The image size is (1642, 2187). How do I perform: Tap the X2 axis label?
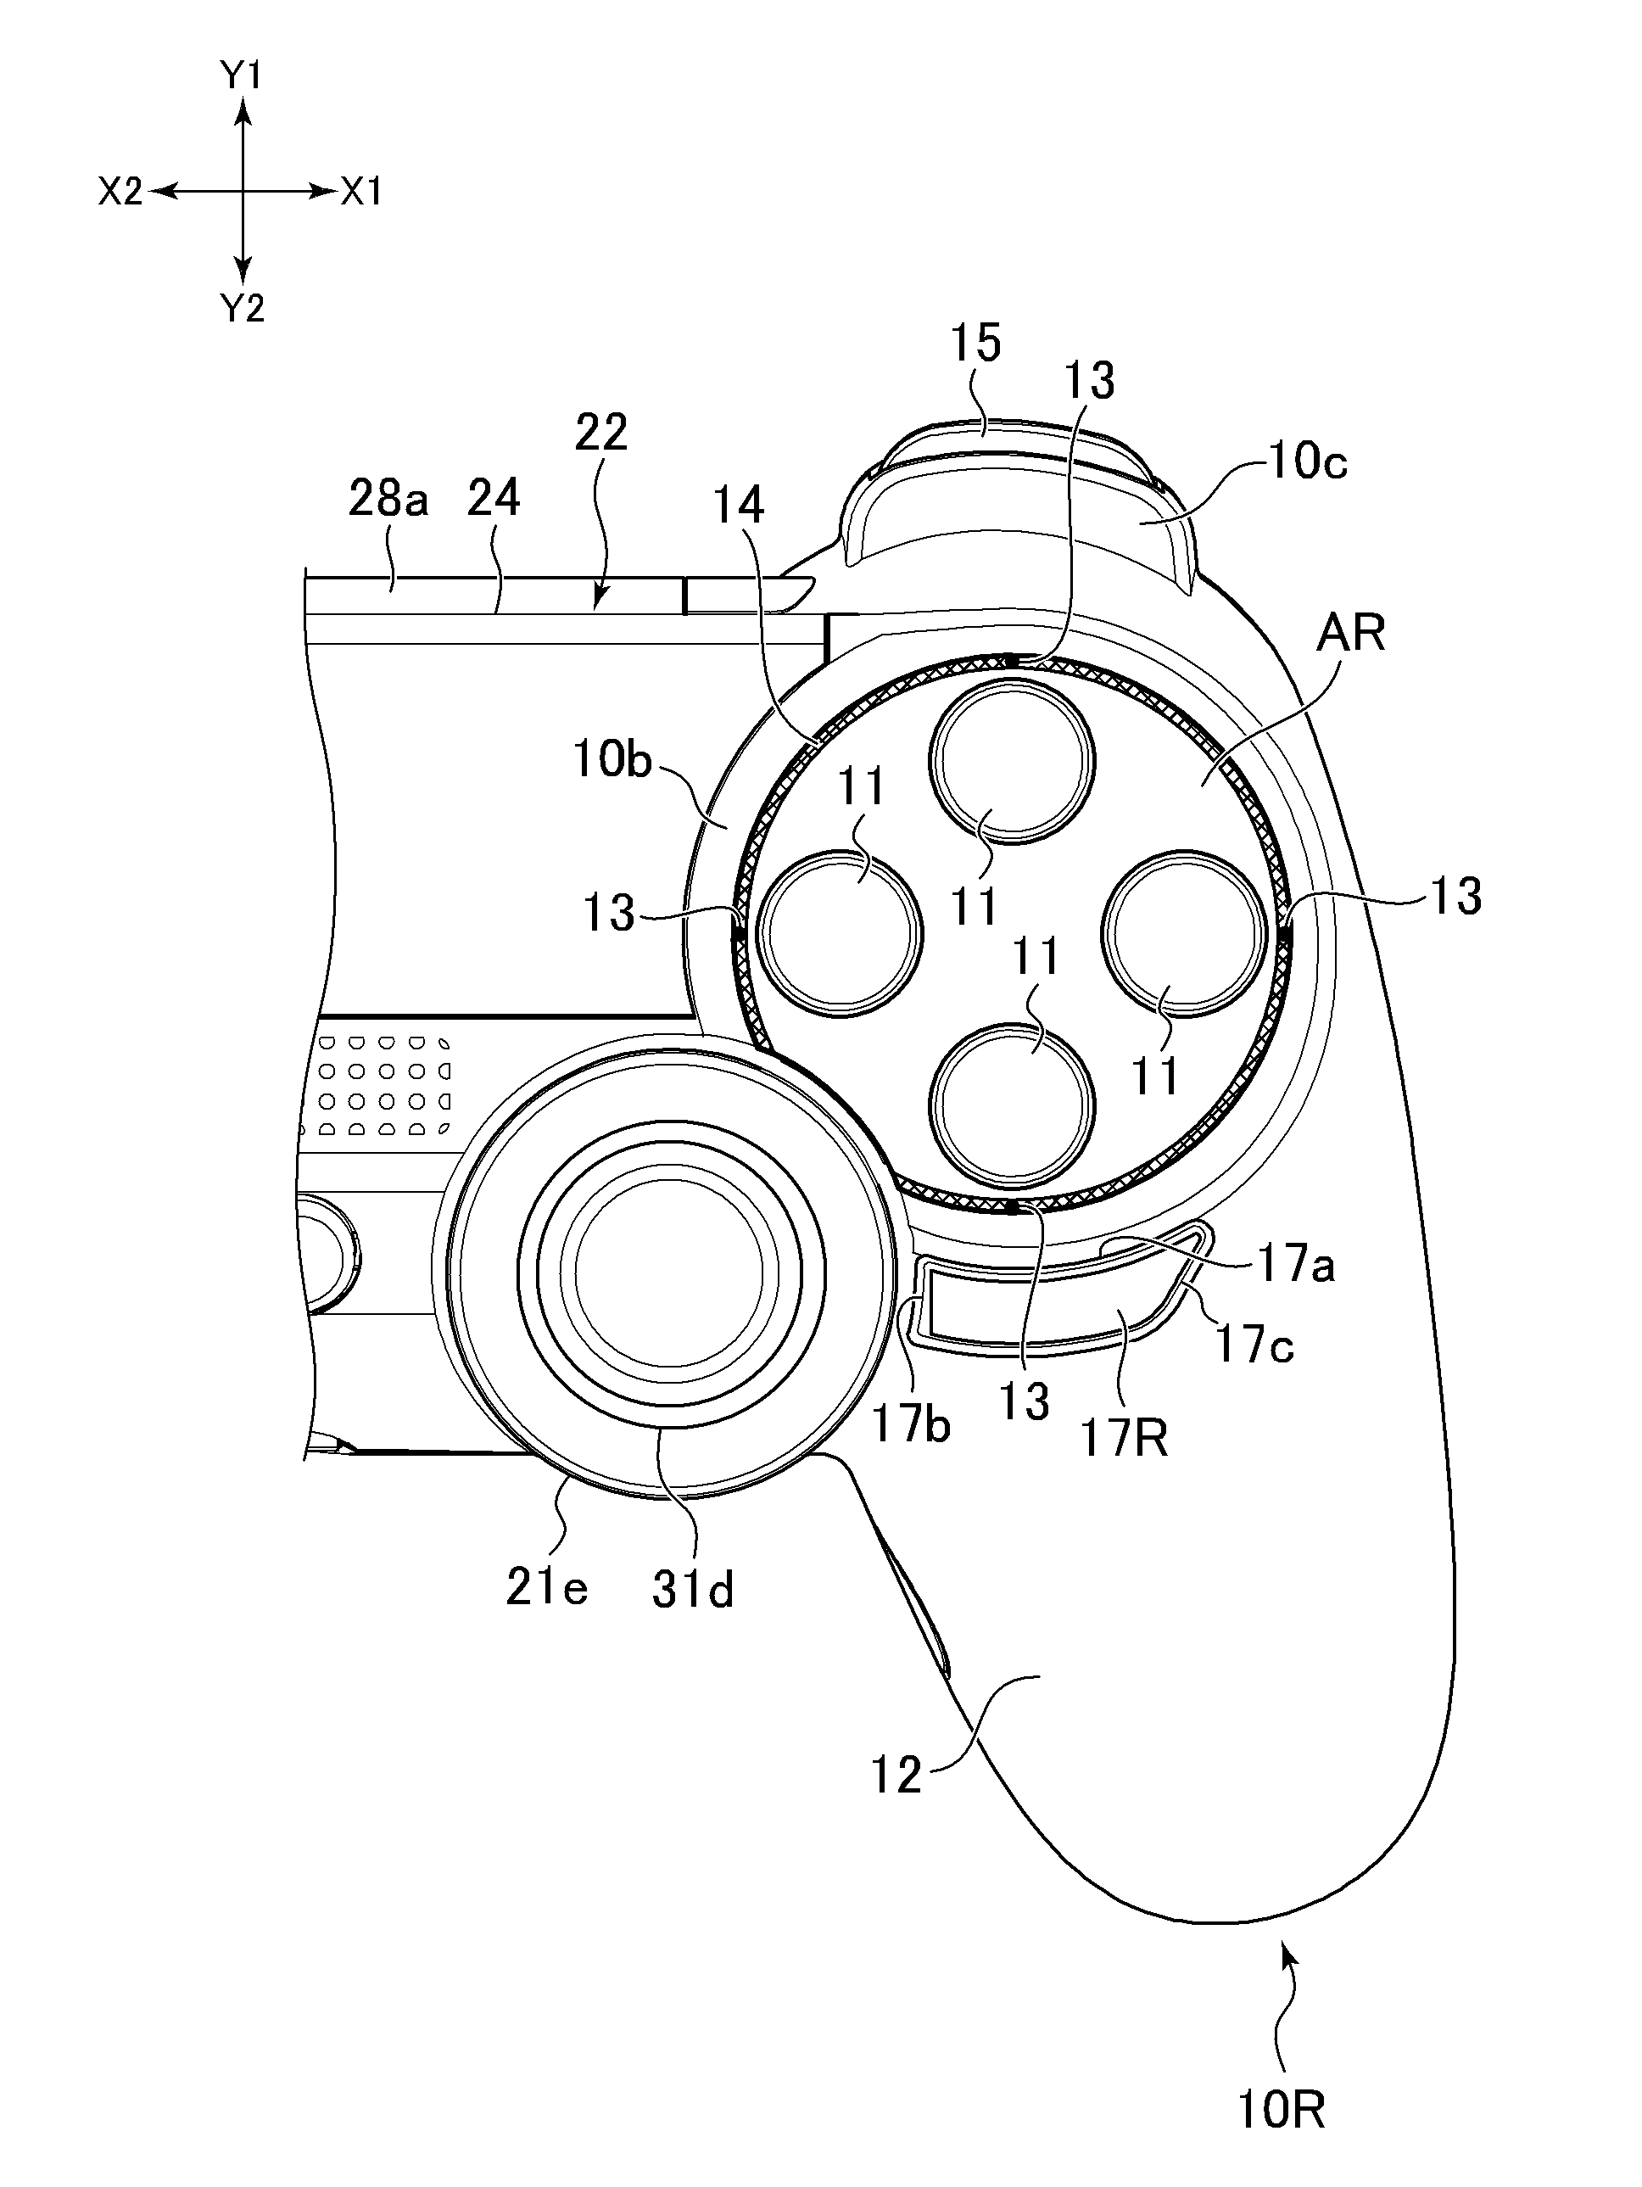coord(120,192)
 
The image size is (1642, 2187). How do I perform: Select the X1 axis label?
coord(362,192)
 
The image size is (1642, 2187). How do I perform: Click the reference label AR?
coord(1349,632)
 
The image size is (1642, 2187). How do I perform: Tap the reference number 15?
coord(975,343)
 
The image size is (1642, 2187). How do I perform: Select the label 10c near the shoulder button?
coord(1307,461)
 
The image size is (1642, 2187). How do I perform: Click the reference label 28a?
coord(388,500)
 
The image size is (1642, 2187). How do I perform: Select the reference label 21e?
coord(547,1587)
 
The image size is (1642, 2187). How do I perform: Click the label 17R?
coord(1124,1439)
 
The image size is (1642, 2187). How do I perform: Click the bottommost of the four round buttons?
coord(1014,1106)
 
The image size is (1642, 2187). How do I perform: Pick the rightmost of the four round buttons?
coord(1184,933)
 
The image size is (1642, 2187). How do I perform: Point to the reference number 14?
coord(739,506)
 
